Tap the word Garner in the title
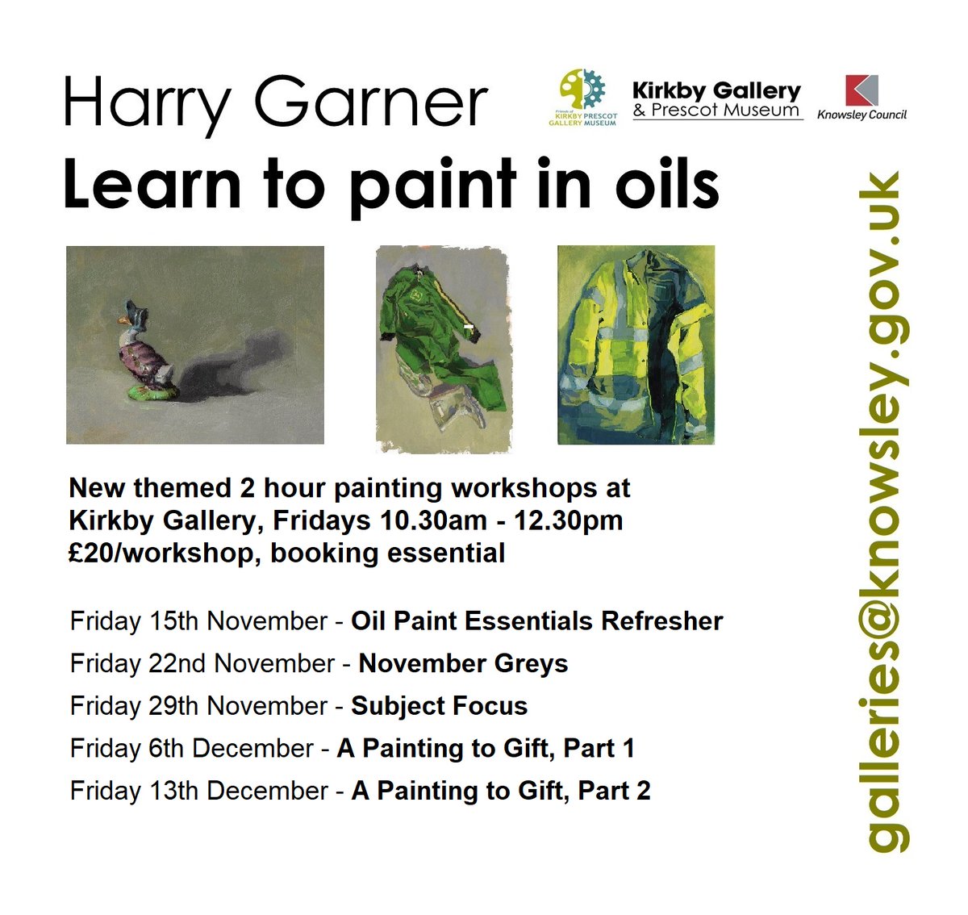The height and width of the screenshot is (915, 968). pyautogui.click(x=372, y=103)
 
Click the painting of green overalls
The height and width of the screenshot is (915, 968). pyautogui.click(x=444, y=348)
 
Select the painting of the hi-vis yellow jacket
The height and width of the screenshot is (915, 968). pyautogui.click(x=636, y=345)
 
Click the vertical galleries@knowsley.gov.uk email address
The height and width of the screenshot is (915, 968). pyautogui.click(x=884, y=512)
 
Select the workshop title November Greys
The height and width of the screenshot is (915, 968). pyautogui.click(x=463, y=663)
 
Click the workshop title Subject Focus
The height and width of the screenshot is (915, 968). pyautogui.click(x=439, y=706)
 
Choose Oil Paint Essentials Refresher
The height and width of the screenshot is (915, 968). pyautogui.click(x=536, y=621)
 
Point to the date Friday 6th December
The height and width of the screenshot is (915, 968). pyautogui.click(x=191, y=749)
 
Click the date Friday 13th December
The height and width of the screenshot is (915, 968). pyautogui.click(x=198, y=791)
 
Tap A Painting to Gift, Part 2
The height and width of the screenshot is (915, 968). pyautogui.click(x=500, y=791)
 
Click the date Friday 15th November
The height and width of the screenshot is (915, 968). pyautogui.click(x=198, y=621)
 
